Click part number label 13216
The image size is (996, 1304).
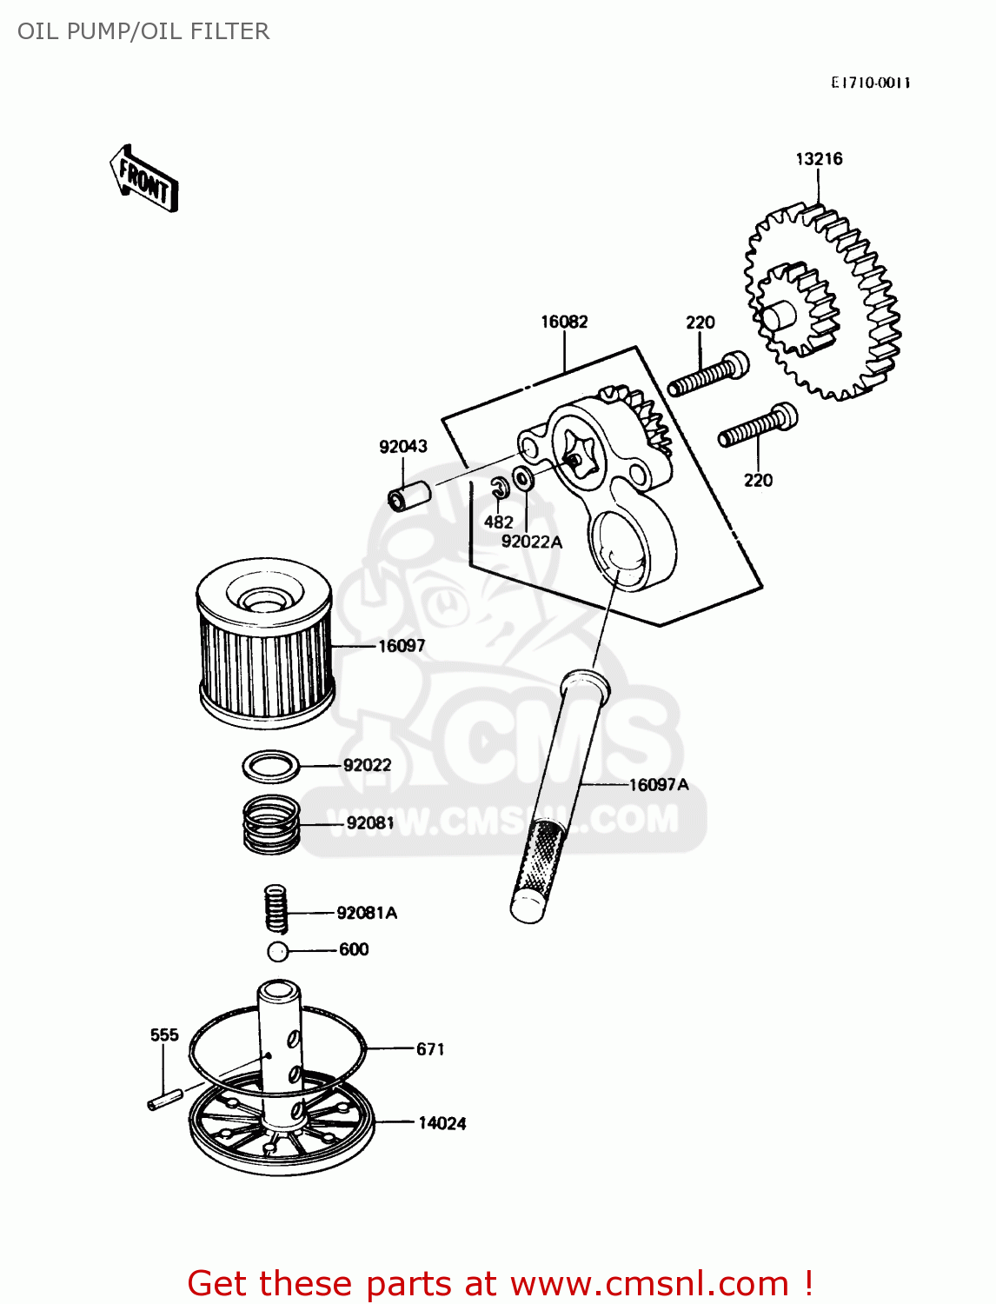[819, 159]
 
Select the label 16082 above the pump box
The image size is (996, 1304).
[564, 322]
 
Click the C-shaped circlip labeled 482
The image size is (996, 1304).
[499, 489]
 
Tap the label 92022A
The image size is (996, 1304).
[531, 542]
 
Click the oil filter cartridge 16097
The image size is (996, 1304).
[264, 643]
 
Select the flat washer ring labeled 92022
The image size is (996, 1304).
[271, 766]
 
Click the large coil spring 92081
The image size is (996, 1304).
[271, 823]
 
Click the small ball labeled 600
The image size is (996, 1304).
[277, 951]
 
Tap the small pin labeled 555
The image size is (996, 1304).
[164, 1100]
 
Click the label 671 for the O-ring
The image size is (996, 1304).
[430, 1049]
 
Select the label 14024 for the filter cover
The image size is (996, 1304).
[442, 1123]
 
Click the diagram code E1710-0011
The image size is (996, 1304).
[870, 83]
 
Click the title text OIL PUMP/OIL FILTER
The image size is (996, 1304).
[143, 31]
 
